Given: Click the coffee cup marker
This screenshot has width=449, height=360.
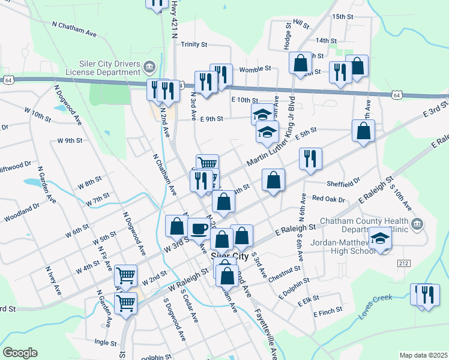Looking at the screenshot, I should click(199, 228).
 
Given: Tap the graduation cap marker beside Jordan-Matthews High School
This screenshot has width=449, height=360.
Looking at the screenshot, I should click(379, 239).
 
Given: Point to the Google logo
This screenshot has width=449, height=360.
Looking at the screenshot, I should click(20, 353).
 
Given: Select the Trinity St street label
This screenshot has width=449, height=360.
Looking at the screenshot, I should click(194, 44).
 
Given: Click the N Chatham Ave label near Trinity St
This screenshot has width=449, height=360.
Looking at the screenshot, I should click(74, 29).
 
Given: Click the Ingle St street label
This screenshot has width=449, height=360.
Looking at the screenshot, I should click(104, 343).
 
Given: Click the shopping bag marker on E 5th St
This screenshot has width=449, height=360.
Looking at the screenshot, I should click(364, 131).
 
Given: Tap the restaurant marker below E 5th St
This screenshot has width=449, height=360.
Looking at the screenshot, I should click(310, 159).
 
